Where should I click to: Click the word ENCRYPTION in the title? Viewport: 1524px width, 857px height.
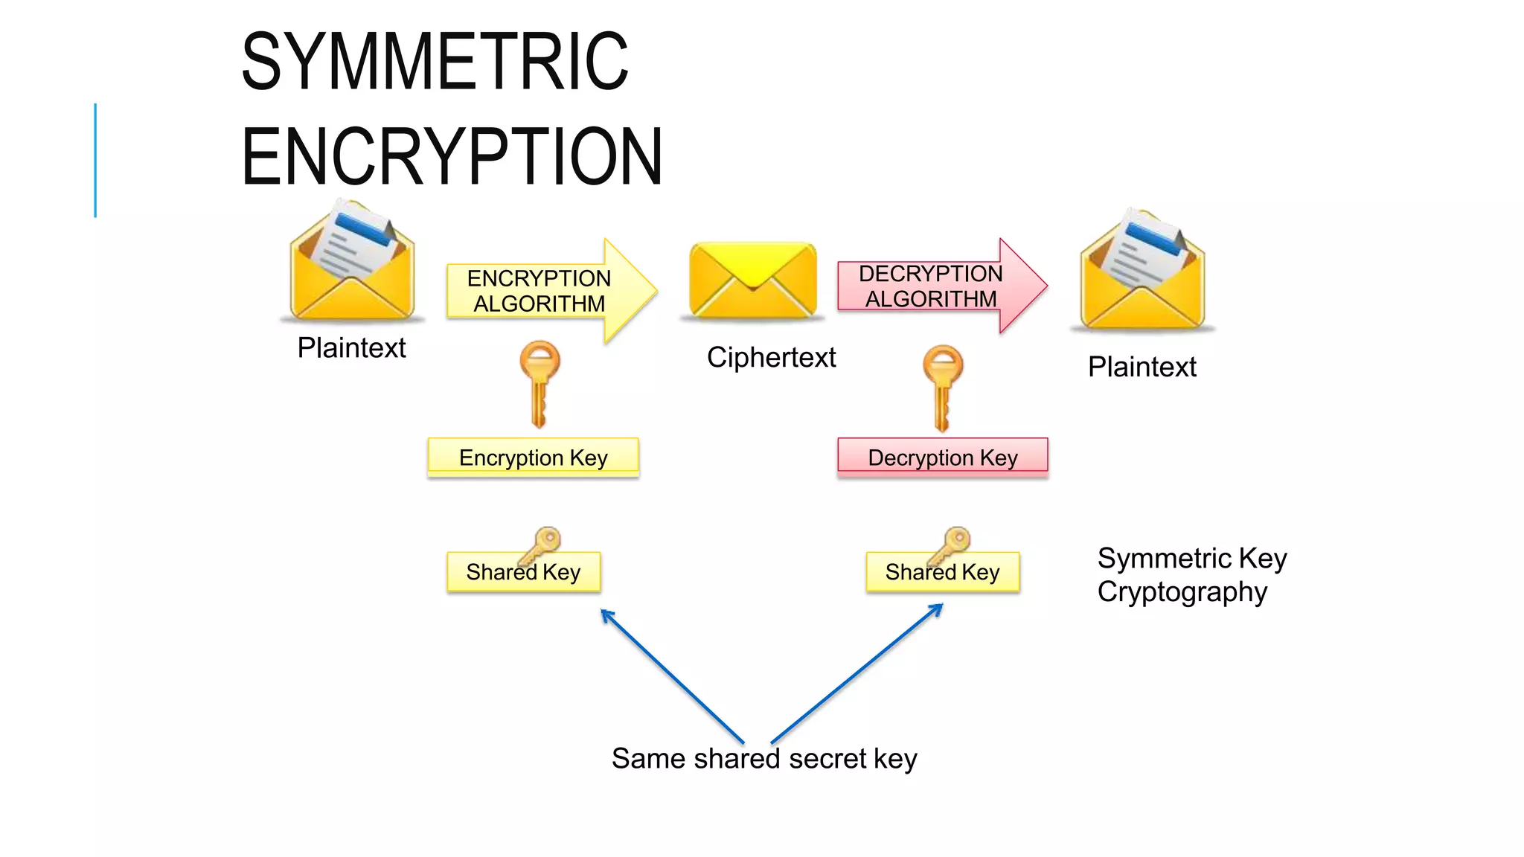tap(452, 157)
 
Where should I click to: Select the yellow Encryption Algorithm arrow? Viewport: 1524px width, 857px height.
tap(551, 291)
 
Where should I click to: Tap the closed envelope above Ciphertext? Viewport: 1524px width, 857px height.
tap(752, 280)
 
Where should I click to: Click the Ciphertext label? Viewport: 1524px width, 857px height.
tap(771, 357)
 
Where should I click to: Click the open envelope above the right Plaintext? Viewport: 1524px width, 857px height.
tap(1142, 272)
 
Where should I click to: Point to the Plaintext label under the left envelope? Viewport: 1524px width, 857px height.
tap(351, 347)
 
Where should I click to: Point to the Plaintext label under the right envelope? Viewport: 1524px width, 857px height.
tap(1142, 367)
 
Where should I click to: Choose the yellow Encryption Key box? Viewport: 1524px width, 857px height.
tap(533, 457)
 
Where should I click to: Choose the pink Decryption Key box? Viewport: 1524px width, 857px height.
tap(942, 457)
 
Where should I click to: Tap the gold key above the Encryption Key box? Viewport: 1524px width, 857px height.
tap(540, 383)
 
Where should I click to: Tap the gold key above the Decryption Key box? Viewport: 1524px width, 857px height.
tap(942, 387)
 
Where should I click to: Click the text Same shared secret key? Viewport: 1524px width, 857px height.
tap(764, 759)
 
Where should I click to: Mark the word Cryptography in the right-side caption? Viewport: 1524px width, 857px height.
tap(1182, 592)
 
